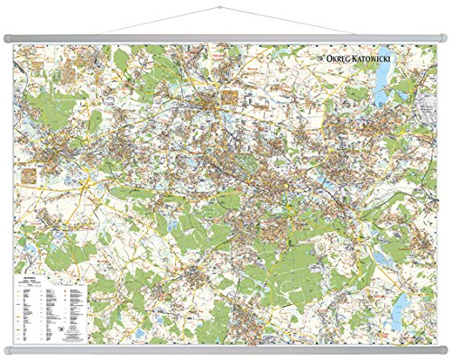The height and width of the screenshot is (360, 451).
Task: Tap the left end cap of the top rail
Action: [x=7, y=37]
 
